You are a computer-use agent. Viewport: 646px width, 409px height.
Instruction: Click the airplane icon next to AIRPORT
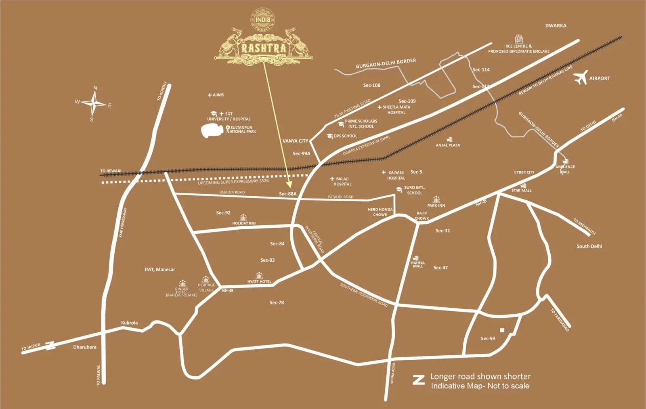(x=581, y=78)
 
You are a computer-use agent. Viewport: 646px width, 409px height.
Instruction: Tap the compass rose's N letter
(x=95, y=88)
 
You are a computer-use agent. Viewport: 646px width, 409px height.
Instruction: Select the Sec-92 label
(x=223, y=213)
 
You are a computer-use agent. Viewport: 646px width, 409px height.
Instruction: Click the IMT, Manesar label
(x=160, y=269)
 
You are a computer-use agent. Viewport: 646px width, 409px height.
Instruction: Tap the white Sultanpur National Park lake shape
(x=212, y=131)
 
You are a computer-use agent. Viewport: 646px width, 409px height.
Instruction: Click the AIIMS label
(x=218, y=95)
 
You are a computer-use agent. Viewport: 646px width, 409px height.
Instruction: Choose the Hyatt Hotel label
(x=259, y=281)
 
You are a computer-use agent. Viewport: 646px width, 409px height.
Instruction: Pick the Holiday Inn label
(x=244, y=223)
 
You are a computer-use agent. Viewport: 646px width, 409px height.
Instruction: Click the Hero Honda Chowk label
(x=380, y=212)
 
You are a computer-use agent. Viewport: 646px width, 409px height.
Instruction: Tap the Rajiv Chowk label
(x=422, y=216)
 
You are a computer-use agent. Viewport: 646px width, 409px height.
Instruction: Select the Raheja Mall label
(x=418, y=264)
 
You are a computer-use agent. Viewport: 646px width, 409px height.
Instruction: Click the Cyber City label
(x=524, y=172)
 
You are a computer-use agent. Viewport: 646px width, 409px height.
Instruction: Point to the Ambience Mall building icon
(x=565, y=161)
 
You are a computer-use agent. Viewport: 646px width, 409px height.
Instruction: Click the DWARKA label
(x=556, y=25)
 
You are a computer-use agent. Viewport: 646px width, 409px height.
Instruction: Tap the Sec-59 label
(x=488, y=338)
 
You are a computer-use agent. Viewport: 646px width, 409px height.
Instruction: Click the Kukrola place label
(x=129, y=323)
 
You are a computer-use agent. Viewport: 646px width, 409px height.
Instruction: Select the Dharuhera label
(x=85, y=347)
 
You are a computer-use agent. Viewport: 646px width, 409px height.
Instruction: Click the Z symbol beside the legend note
(x=419, y=380)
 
